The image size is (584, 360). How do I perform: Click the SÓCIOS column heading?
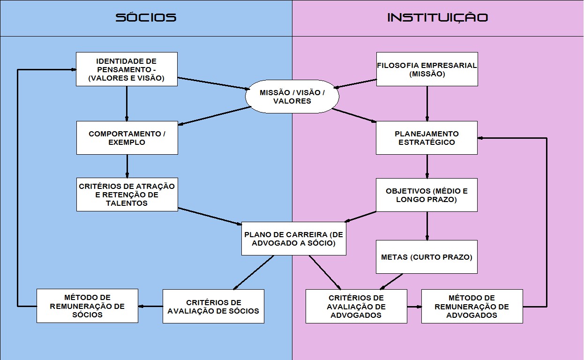pyautogui.click(x=146, y=18)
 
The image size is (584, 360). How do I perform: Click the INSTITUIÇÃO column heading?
pyautogui.click(x=437, y=18)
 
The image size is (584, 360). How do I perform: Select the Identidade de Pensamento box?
pyautogui.click(x=127, y=69)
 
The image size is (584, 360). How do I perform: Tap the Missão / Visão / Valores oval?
pyautogui.click(x=292, y=97)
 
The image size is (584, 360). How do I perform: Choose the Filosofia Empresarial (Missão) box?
pyautogui.click(x=427, y=69)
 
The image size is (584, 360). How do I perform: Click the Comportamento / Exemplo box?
pyautogui.click(x=127, y=138)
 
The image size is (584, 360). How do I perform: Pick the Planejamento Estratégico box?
pyautogui.click(x=427, y=138)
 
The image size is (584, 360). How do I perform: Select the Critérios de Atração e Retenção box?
pyautogui.click(x=127, y=194)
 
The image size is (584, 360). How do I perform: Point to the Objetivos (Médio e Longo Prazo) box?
pyautogui.click(x=427, y=195)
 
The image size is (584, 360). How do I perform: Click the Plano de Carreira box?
pyautogui.click(x=294, y=239)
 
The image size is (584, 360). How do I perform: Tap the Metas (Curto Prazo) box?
pyautogui.click(x=427, y=257)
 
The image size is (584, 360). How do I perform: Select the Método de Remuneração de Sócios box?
pyautogui.click(x=88, y=306)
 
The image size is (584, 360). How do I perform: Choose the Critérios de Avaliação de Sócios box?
pyautogui.click(x=213, y=306)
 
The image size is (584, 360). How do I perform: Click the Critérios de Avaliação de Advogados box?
pyautogui.click(x=356, y=306)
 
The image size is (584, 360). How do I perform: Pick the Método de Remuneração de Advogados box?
pyautogui.click(x=472, y=306)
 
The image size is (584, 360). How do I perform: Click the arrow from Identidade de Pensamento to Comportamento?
pyautogui.click(x=127, y=104)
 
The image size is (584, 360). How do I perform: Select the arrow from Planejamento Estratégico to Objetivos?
pyautogui.click(x=427, y=166)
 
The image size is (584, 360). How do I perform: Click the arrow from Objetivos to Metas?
pyautogui.click(x=427, y=226)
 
